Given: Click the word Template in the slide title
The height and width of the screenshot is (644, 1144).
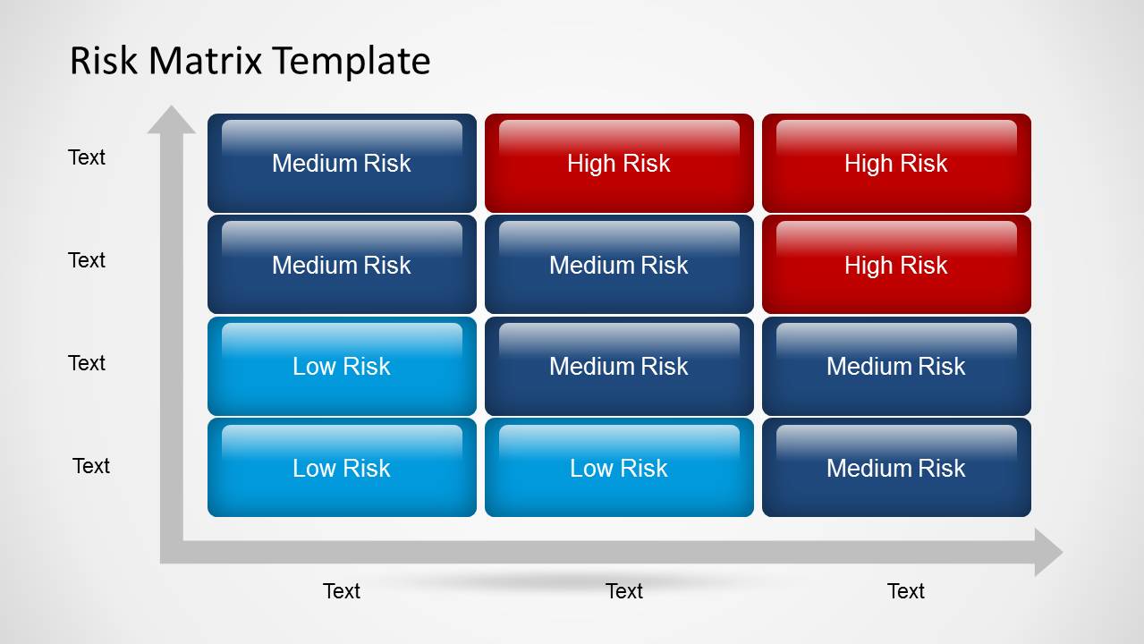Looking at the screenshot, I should pyautogui.click(x=352, y=61).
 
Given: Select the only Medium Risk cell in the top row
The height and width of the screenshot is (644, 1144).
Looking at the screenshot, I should pyautogui.click(x=342, y=163).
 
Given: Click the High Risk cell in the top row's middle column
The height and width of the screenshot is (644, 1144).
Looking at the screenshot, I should pyautogui.click(x=619, y=163).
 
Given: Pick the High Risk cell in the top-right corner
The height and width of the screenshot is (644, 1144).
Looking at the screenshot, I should pyautogui.click(x=896, y=163).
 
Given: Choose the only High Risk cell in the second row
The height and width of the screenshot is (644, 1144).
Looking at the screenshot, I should pyautogui.click(x=896, y=265).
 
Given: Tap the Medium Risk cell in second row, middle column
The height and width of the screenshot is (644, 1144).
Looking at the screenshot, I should pyautogui.click(x=619, y=265).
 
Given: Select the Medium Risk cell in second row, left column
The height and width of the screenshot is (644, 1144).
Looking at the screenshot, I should pyautogui.click(x=342, y=265).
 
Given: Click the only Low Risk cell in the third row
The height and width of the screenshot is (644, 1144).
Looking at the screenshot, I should pyautogui.click(x=342, y=366).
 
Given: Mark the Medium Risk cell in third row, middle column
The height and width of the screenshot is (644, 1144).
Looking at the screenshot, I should pyautogui.click(x=619, y=366).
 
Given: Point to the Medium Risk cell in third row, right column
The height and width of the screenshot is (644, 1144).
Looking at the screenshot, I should pyautogui.click(x=896, y=366).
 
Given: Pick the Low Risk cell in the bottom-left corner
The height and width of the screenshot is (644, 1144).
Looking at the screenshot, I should pyautogui.click(x=342, y=468).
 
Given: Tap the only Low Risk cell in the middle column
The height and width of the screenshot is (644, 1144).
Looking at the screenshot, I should pyautogui.click(x=619, y=468).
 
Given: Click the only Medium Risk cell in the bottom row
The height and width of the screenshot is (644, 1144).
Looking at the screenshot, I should pyautogui.click(x=896, y=468).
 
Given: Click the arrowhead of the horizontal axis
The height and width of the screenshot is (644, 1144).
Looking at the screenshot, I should pyautogui.click(x=1047, y=552).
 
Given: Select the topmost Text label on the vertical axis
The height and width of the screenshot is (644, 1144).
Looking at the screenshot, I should pyautogui.click(x=87, y=157).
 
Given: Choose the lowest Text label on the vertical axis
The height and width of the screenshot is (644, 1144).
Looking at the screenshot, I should pyautogui.click(x=91, y=466).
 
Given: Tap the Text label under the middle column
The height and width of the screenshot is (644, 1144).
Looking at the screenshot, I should pyautogui.click(x=623, y=591).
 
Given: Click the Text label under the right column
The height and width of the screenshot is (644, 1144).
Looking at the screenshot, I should pyautogui.click(x=905, y=591).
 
